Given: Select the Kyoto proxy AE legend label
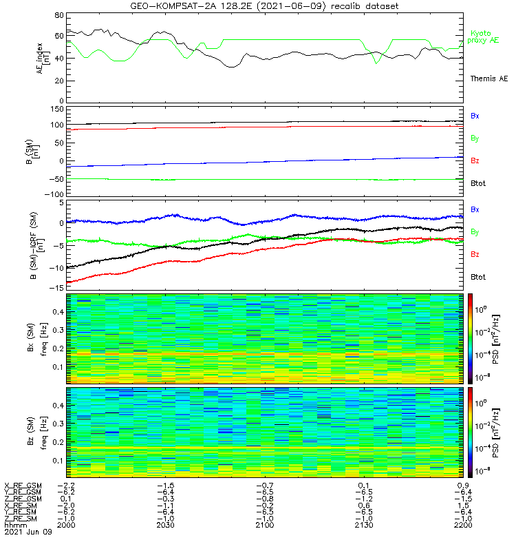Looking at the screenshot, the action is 483,37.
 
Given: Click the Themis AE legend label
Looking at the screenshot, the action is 489,79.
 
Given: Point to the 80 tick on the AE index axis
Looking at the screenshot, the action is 59,15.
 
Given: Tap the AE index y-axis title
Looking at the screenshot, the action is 43,59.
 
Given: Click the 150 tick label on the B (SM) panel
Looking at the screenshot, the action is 57,110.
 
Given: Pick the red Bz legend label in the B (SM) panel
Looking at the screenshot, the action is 475,160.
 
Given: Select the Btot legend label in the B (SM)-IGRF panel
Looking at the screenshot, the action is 478,277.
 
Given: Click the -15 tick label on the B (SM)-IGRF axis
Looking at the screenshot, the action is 57,288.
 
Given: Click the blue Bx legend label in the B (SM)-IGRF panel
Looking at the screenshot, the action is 475,209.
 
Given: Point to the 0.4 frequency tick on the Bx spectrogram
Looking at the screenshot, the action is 58,312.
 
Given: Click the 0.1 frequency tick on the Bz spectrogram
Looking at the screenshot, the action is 58,461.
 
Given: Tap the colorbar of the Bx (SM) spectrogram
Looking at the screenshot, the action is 470,339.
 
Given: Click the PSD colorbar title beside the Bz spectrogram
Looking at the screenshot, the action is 496,433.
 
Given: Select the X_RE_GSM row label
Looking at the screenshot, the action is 23,486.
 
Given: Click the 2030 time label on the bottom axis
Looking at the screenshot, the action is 165,525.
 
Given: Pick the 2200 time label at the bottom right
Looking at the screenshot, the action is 463,525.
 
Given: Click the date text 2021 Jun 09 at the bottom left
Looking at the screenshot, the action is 28,532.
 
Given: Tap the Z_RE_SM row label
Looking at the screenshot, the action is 21,519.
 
